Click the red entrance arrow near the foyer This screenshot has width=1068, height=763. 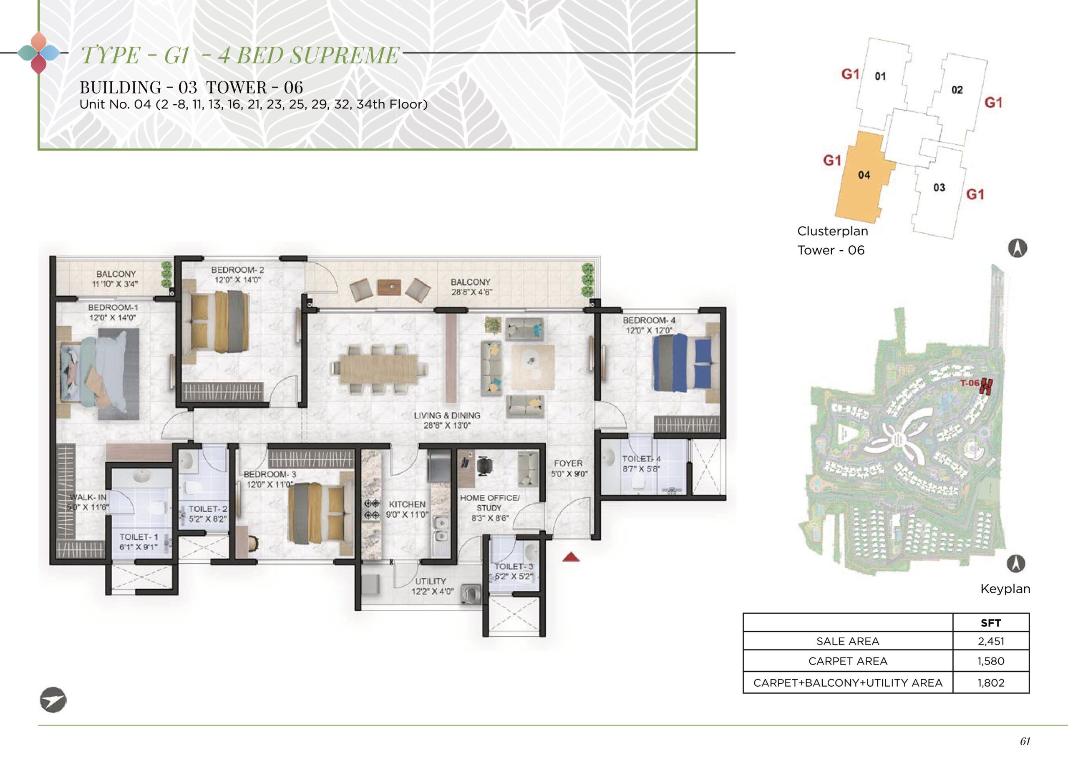click(571, 557)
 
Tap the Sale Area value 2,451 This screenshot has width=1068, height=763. click(991, 641)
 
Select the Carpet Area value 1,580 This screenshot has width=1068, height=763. click(991, 661)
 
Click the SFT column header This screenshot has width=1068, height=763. click(991, 622)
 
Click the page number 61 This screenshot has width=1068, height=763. click(1025, 741)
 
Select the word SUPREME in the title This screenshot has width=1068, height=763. click(343, 55)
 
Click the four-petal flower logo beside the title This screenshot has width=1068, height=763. click(39, 53)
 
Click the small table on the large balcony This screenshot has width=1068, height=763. click(390, 287)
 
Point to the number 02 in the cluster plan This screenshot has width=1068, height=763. click(957, 90)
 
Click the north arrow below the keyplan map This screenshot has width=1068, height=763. click(1016, 563)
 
